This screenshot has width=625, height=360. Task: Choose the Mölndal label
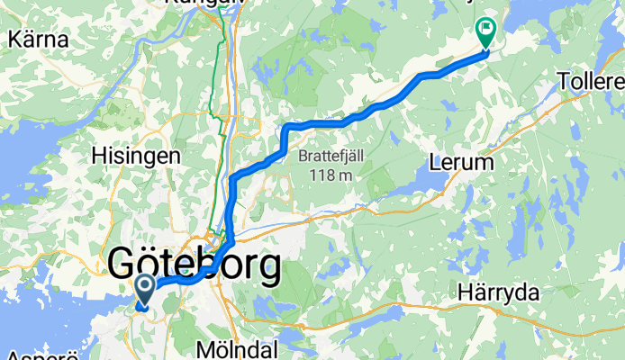point(238,347)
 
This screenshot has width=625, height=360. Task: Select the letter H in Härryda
point(464,293)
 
